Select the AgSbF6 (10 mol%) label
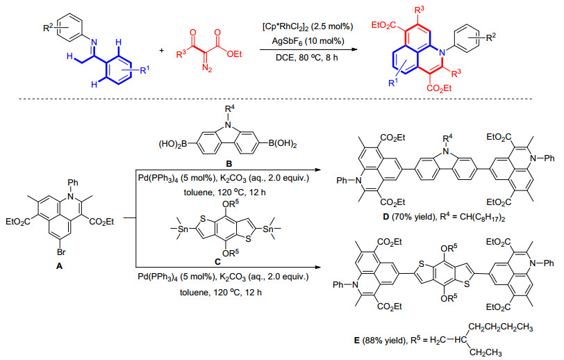tap(308, 41)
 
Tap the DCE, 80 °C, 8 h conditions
tap(307, 57)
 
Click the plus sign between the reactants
tap(162, 51)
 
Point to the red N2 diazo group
tap(208, 67)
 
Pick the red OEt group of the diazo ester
tap(234, 54)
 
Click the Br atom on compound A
tap(61, 252)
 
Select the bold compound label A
tap(59, 266)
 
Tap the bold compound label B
tap(229, 164)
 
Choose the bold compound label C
tap(217, 262)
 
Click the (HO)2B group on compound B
tap(173, 145)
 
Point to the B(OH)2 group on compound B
tap(283, 145)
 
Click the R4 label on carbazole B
tap(230, 109)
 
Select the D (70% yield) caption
tap(410, 218)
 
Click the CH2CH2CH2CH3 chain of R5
tap(501, 327)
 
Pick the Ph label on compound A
tap(73, 183)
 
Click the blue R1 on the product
tap(394, 83)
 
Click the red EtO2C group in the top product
tap(384, 25)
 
